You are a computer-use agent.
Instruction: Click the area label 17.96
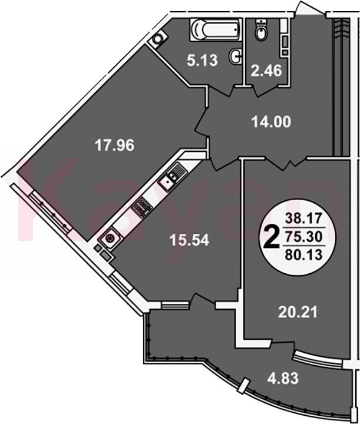click(114, 146)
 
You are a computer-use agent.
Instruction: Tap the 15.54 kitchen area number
click(189, 240)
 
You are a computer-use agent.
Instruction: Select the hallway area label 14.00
click(271, 122)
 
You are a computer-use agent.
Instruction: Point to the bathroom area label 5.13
click(202, 60)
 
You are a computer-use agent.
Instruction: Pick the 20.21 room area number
click(298, 312)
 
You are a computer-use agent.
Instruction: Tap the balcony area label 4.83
click(283, 378)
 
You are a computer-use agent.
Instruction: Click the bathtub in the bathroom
click(215, 29)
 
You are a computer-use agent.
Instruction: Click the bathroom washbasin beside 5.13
click(236, 57)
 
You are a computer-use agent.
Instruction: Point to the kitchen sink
click(171, 177)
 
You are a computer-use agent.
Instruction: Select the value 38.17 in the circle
click(304, 218)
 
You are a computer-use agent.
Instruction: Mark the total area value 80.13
click(304, 254)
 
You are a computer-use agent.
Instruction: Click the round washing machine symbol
click(157, 39)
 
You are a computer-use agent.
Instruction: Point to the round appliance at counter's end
click(109, 238)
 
